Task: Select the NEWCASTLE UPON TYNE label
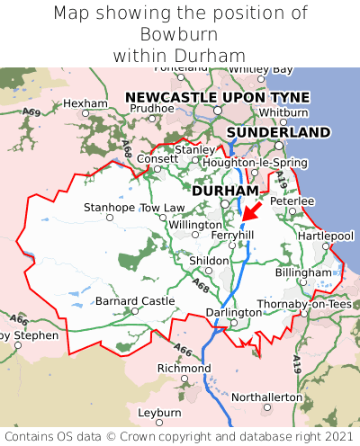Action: [x=217, y=97]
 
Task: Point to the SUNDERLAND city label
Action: [x=278, y=132]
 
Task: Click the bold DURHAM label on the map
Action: [x=225, y=191]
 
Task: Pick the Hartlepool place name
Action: [x=327, y=236]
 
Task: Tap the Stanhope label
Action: [x=109, y=208]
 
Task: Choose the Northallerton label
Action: [x=267, y=397]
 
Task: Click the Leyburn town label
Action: [x=159, y=412]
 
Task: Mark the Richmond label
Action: [x=184, y=369]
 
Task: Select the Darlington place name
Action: [x=233, y=312]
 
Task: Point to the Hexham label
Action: [x=85, y=103]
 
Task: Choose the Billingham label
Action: [x=303, y=272]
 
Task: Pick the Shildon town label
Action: [x=209, y=261]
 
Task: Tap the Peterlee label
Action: [x=292, y=201]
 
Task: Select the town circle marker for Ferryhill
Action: [x=232, y=245]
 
